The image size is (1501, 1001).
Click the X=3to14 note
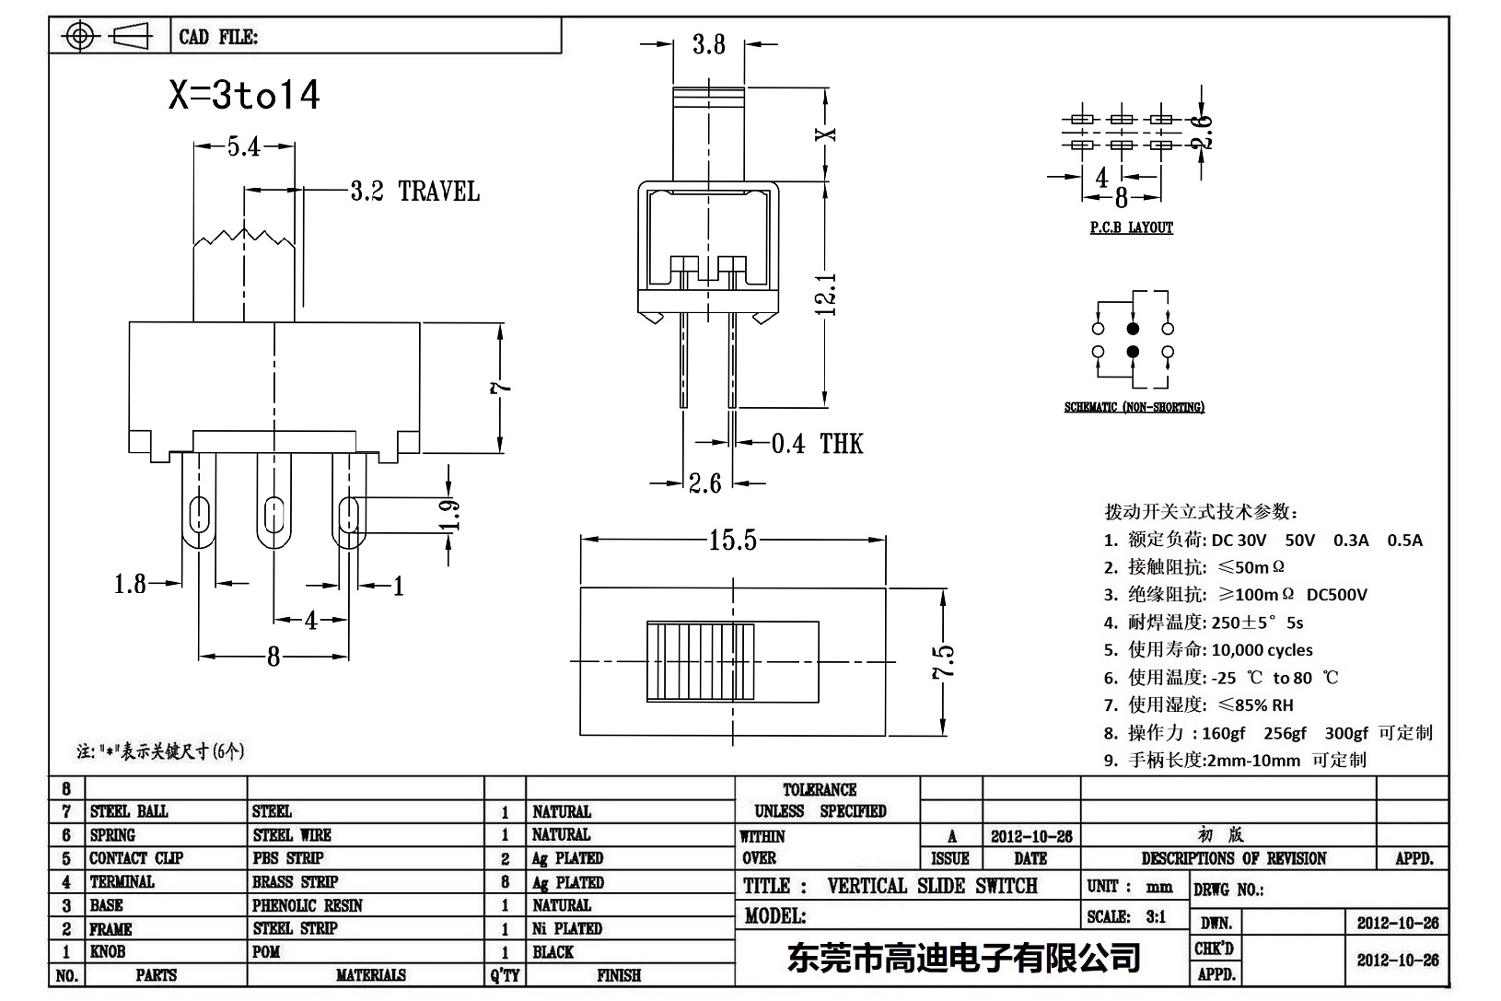[244, 95]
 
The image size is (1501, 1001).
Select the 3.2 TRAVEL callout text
[414, 192]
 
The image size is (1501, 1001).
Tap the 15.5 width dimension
[732, 540]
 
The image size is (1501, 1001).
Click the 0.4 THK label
[817, 444]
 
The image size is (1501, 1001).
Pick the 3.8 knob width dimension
[708, 44]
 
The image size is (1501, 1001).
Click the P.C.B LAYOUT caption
[1131, 227]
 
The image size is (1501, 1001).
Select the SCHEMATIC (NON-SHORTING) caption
[1134, 407]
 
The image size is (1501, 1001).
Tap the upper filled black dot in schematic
[1133, 329]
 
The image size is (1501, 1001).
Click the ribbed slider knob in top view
[700, 662]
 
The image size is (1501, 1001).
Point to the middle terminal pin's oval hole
[273, 514]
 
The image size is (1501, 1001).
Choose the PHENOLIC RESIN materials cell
[308, 905]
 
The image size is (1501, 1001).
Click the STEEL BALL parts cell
[129, 811]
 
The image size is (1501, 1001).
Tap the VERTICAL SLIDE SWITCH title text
[932, 886]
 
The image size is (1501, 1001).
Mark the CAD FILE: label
[218, 37]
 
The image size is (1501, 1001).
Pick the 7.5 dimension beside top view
[943, 661]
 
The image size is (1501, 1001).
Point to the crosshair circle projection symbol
[81, 37]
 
